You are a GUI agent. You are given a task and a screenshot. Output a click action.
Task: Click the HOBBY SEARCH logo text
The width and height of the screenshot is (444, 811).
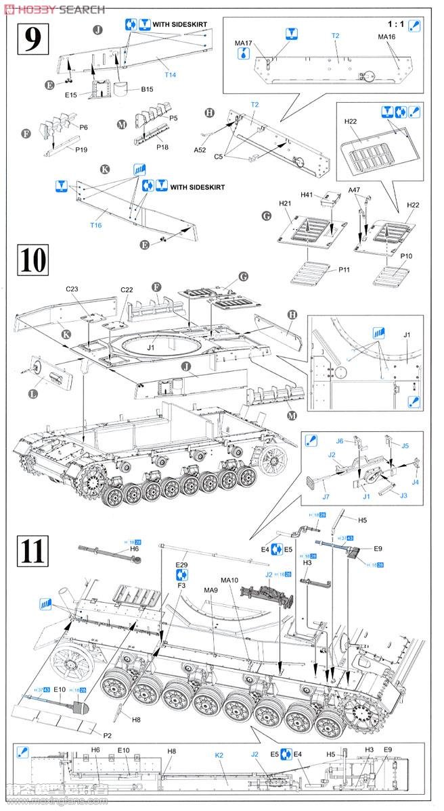[x=54, y=9]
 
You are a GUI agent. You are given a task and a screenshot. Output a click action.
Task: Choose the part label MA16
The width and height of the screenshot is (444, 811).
[x=386, y=36]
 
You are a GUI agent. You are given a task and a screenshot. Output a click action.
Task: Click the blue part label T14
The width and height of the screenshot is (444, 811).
[x=170, y=74]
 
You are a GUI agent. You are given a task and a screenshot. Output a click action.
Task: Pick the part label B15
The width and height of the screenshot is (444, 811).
[x=148, y=89]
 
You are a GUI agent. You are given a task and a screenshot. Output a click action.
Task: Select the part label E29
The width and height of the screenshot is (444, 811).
[x=181, y=564]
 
